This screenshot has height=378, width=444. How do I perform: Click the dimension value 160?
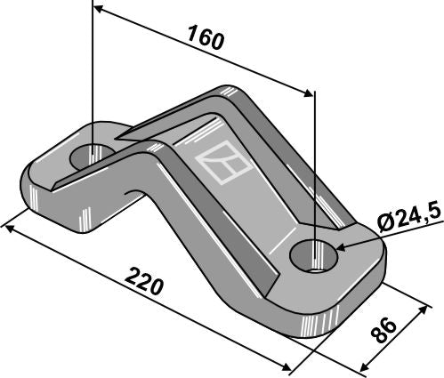[x=205, y=40]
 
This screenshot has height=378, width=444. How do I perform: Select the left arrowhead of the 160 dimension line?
[x=99, y=10]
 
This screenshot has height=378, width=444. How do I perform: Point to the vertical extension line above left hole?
[x=92, y=71]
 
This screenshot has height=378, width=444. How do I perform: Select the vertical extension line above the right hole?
[x=313, y=160]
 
